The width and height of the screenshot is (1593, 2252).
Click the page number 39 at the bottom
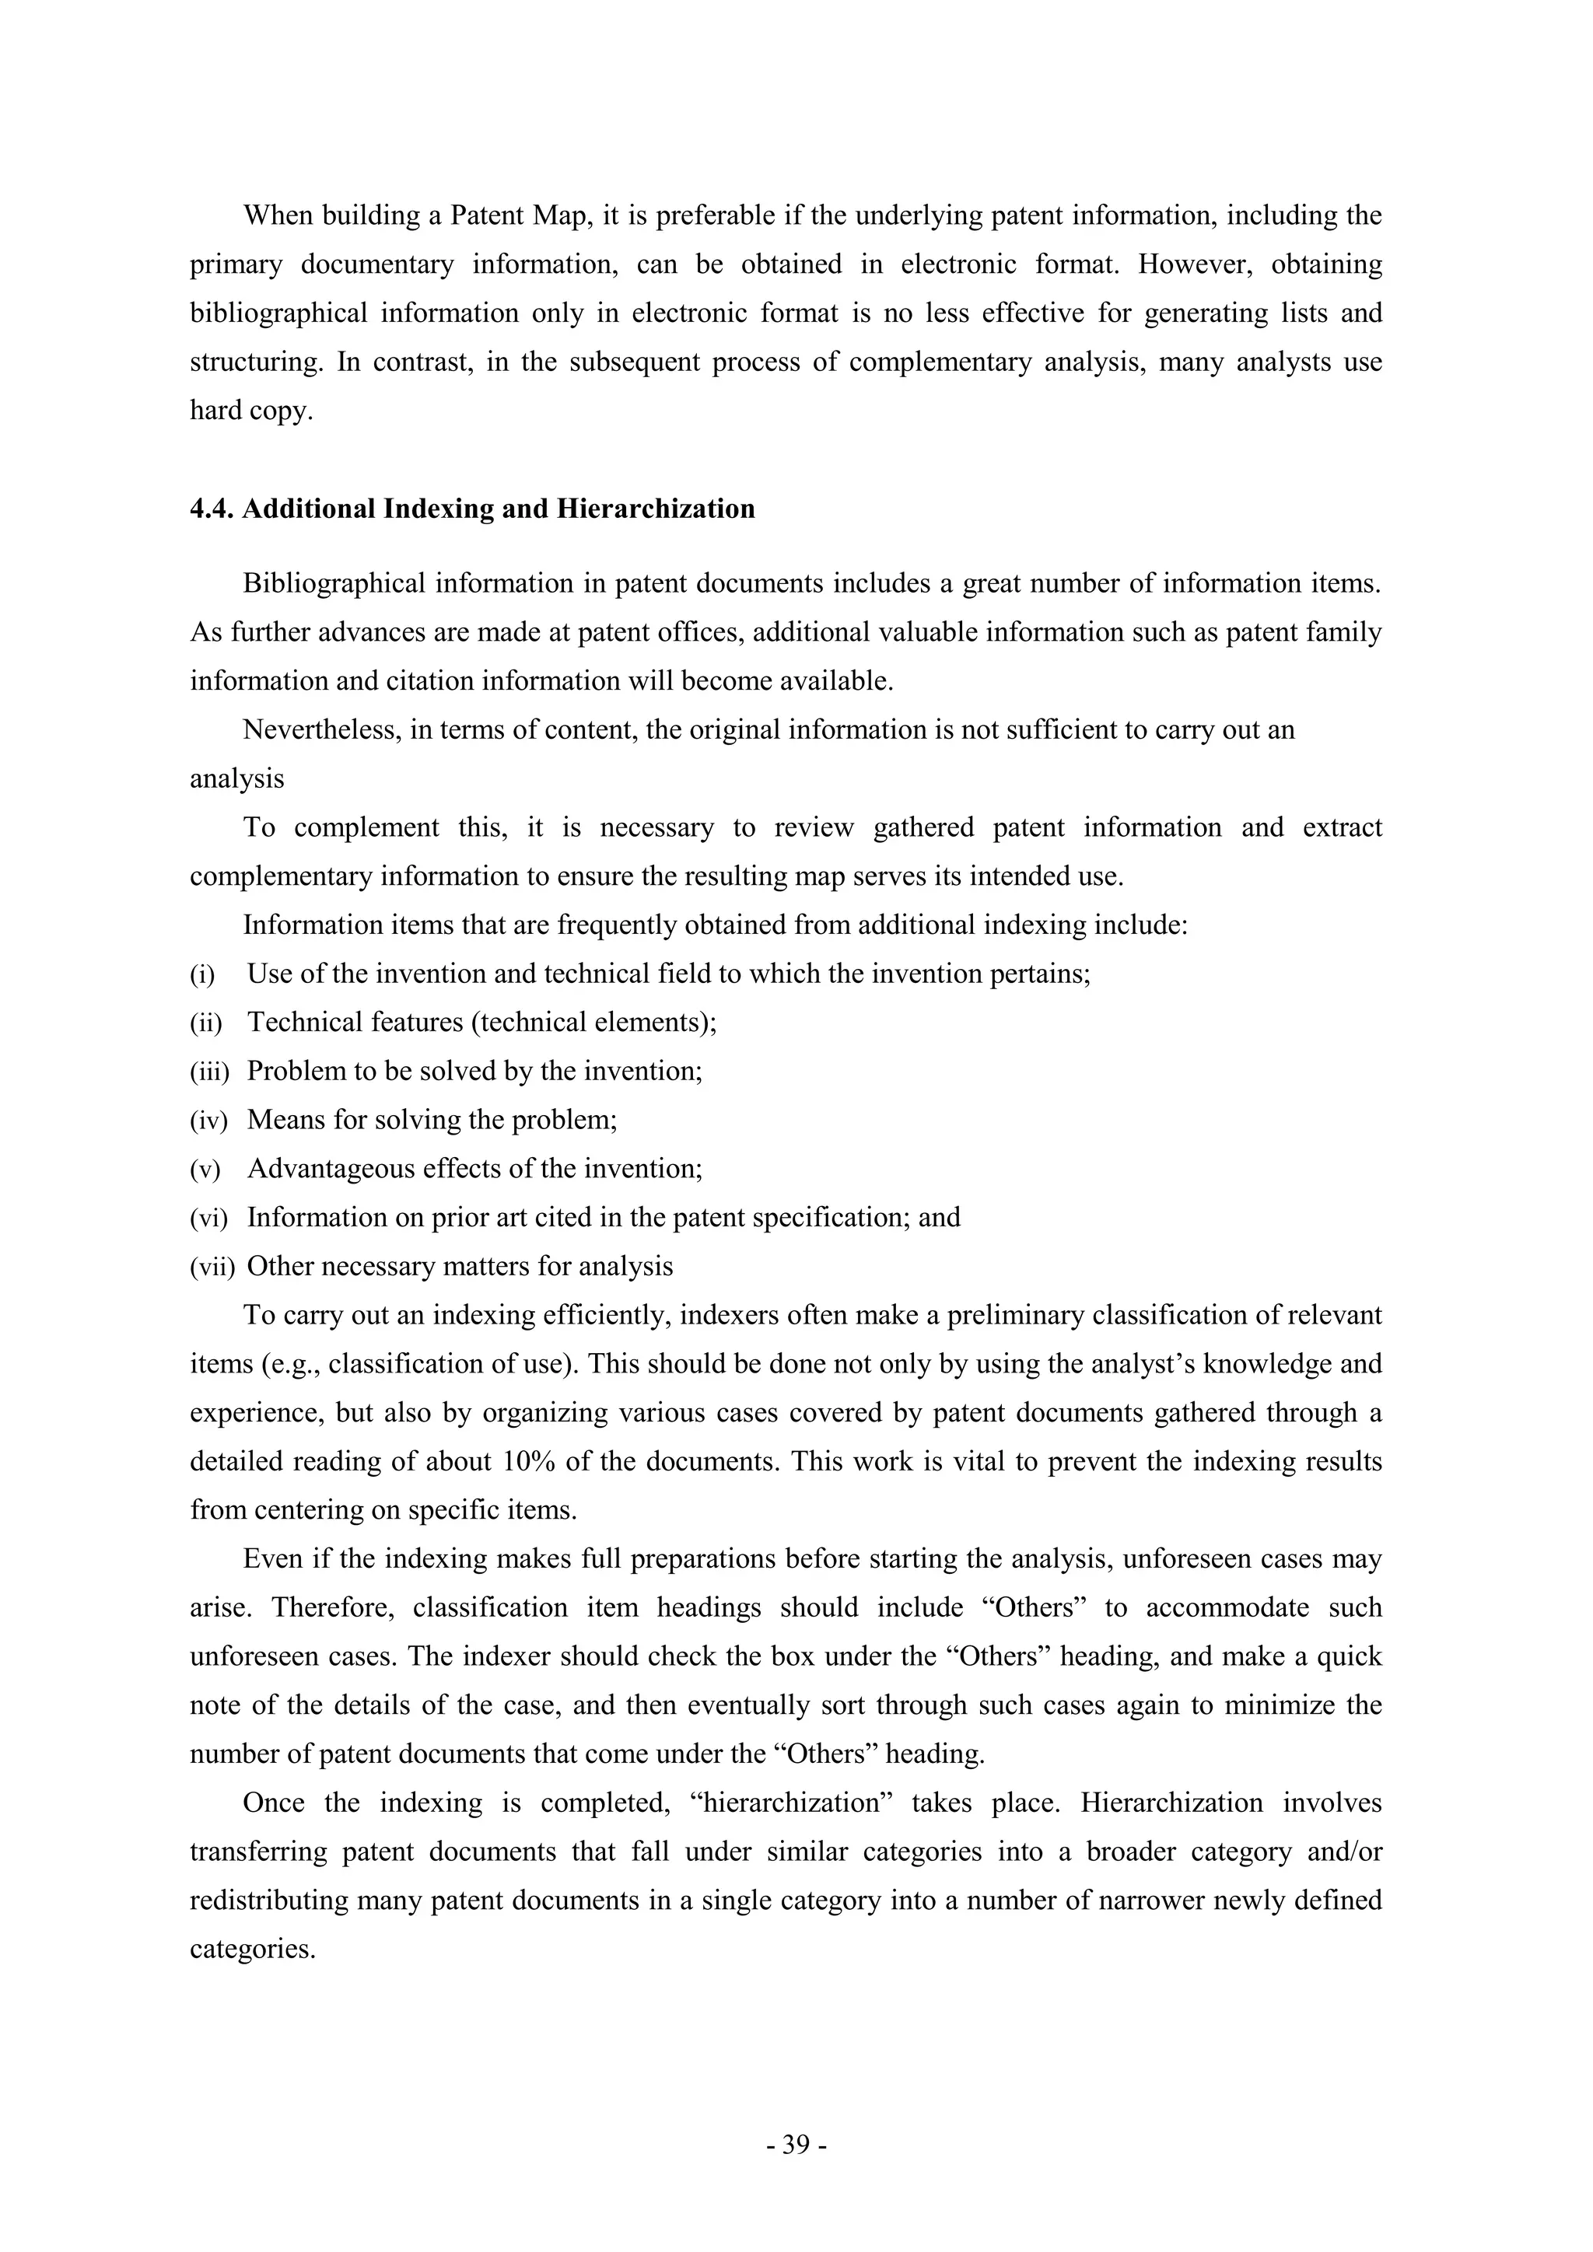click(796, 2145)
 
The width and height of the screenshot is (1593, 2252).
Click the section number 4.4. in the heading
click(212, 509)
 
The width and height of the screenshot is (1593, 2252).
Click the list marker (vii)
click(212, 1268)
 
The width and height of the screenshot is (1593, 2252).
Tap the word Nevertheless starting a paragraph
click(322, 731)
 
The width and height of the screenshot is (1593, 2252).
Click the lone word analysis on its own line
click(236, 780)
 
